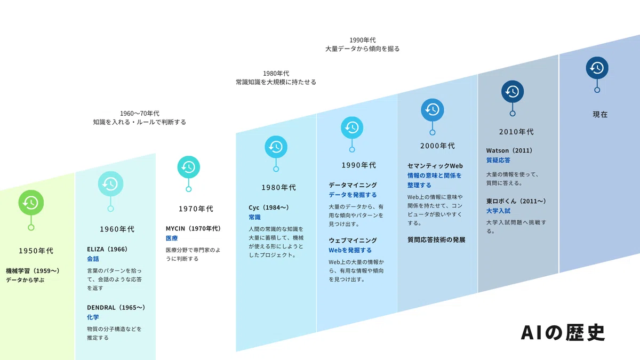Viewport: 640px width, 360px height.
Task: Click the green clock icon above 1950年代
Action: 31,203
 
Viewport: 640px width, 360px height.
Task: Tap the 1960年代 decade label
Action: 117,229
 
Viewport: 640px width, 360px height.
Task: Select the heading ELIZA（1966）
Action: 107,249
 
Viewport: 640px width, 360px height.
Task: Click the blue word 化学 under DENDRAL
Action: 93,317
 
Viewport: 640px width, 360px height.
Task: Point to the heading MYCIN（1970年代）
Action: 194,229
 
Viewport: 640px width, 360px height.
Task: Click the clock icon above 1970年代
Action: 189,167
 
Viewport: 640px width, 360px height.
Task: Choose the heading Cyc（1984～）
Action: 269,207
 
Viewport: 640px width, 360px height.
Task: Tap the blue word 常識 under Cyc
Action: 254,217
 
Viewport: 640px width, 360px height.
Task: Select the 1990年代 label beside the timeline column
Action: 358,165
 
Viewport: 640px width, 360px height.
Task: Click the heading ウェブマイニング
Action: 353,241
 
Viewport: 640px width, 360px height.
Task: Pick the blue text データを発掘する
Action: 353,195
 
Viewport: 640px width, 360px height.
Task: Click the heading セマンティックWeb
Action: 435,166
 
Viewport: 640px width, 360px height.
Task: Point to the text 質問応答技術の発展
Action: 436,239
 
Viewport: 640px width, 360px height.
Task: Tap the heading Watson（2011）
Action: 509,150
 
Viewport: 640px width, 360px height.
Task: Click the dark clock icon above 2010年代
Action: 513,91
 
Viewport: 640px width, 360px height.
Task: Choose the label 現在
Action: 600,115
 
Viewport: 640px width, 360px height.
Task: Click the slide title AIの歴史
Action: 563,333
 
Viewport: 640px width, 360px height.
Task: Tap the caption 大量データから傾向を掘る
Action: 362,49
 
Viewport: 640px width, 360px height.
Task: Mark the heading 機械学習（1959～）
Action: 33,271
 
